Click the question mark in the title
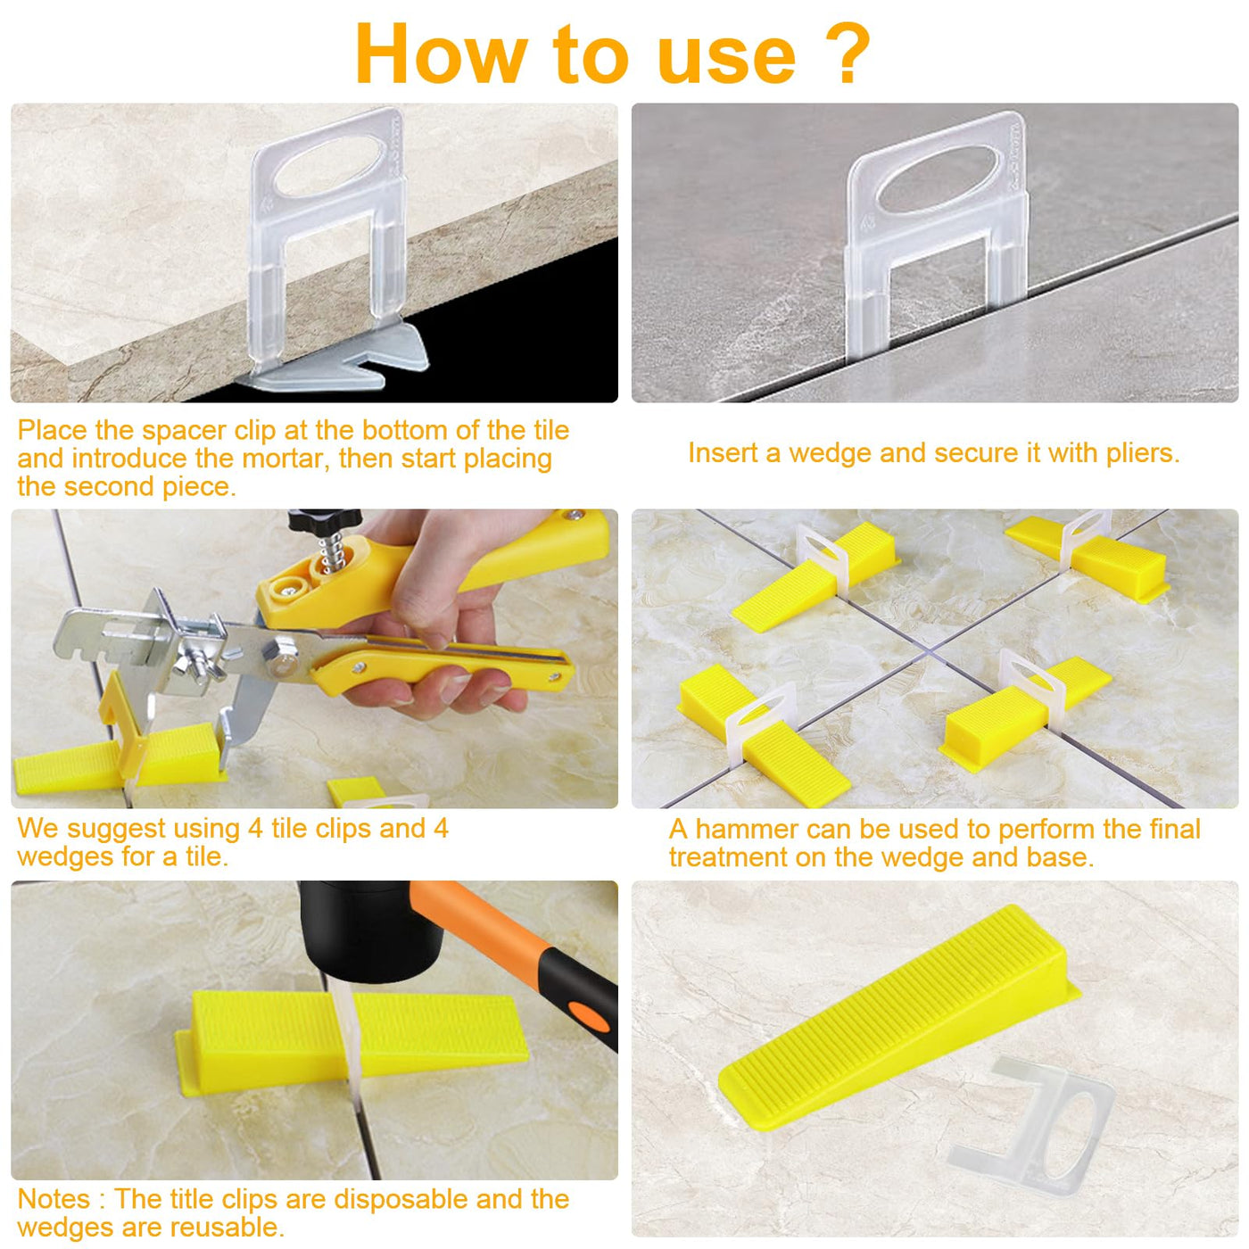(845, 54)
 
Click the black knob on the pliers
(324, 517)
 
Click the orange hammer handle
(518, 947)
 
